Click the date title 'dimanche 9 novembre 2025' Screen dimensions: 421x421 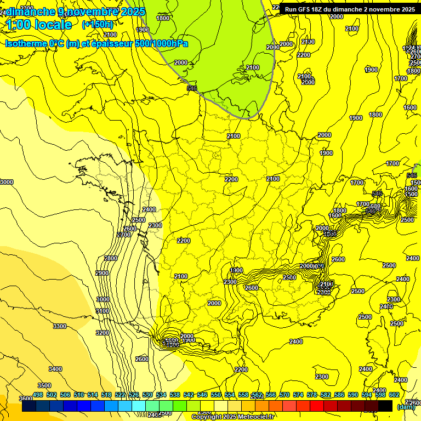[76, 12]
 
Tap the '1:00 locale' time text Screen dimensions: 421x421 [39, 25]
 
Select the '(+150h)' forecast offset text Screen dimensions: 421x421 [98, 25]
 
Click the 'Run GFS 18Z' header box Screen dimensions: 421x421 [349, 9]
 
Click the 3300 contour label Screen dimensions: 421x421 [60, 326]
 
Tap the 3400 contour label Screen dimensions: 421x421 [55, 369]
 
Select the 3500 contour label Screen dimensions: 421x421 [44, 385]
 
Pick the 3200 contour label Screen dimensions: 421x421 [102, 333]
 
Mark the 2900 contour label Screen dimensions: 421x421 [102, 273]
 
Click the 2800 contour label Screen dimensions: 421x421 [111, 258]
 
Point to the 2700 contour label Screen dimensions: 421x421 [124, 235]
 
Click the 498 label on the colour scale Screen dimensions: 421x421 [38, 395]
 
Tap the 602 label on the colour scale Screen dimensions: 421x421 [394, 395]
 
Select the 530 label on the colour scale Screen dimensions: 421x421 [147, 395]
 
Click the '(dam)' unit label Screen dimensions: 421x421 [406, 407]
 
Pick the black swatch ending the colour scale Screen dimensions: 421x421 [385, 406]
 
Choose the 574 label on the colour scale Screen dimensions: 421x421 [298, 395]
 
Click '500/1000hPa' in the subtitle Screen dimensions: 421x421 [161, 43]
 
